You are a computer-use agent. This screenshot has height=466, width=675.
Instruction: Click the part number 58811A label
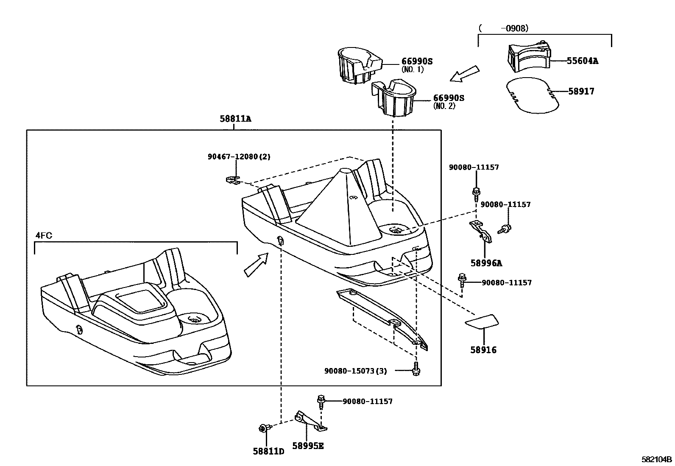(x=235, y=119)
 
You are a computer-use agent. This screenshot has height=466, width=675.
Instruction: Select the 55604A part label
(x=582, y=61)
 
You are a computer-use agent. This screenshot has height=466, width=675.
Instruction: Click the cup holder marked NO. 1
(x=358, y=66)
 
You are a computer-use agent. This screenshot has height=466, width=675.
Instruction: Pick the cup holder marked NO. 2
(x=394, y=97)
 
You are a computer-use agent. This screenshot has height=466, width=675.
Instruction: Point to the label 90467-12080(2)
(x=239, y=157)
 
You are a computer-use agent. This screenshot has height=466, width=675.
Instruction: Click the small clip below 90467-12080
(x=232, y=180)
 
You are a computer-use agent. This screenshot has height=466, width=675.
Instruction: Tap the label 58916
(x=483, y=350)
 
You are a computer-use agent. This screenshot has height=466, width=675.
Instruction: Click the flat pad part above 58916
(x=482, y=321)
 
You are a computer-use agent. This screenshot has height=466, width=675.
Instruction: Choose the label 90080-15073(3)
(x=356, y=371)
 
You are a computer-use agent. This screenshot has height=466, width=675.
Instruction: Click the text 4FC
(x=44, y=235)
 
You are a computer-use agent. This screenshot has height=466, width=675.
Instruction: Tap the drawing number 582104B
(x=656, y=459)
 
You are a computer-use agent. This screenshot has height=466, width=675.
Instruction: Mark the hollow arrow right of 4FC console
(x=256, y=265)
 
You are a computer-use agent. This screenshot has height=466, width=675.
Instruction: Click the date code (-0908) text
(x=503, y=28)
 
